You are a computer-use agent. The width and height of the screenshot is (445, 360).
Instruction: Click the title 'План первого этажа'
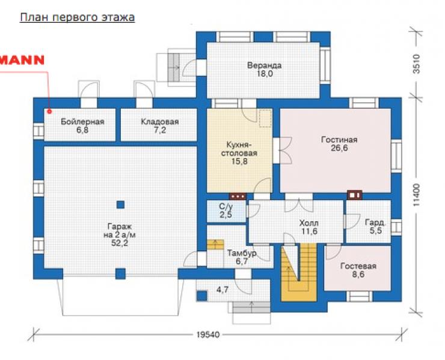[77, 17]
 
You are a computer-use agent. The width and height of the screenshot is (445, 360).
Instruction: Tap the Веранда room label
[264, 66]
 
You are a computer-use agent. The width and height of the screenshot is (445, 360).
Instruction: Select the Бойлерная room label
[82, 121]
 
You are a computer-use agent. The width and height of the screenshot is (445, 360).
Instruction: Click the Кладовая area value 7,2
[160, 130]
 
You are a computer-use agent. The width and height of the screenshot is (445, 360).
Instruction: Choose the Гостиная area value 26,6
[339, 148]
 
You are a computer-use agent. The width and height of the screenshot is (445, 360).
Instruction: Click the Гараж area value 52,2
[120, 243]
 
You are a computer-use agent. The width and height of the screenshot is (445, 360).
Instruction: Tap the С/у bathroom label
[226, 207]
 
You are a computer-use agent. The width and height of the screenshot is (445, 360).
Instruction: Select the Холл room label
[308, 223]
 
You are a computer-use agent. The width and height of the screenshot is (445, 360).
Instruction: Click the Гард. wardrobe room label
[375, 222]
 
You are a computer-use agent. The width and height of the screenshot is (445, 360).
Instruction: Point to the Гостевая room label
[358, 266]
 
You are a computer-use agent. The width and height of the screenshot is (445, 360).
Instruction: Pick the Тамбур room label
[242, 253]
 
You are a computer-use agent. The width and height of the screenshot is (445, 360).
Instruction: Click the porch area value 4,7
[222, 290]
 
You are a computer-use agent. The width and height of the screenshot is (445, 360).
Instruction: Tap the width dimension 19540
[208, 335]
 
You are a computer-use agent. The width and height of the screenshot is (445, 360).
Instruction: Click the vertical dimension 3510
[416, 64]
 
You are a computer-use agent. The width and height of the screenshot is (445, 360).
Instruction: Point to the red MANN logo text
[22, 60]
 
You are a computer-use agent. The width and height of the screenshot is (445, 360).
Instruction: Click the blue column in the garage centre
[121, 204]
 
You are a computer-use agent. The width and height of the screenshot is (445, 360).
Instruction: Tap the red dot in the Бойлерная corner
[49, 112]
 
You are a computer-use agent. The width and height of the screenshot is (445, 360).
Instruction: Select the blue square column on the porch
[202, 296]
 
